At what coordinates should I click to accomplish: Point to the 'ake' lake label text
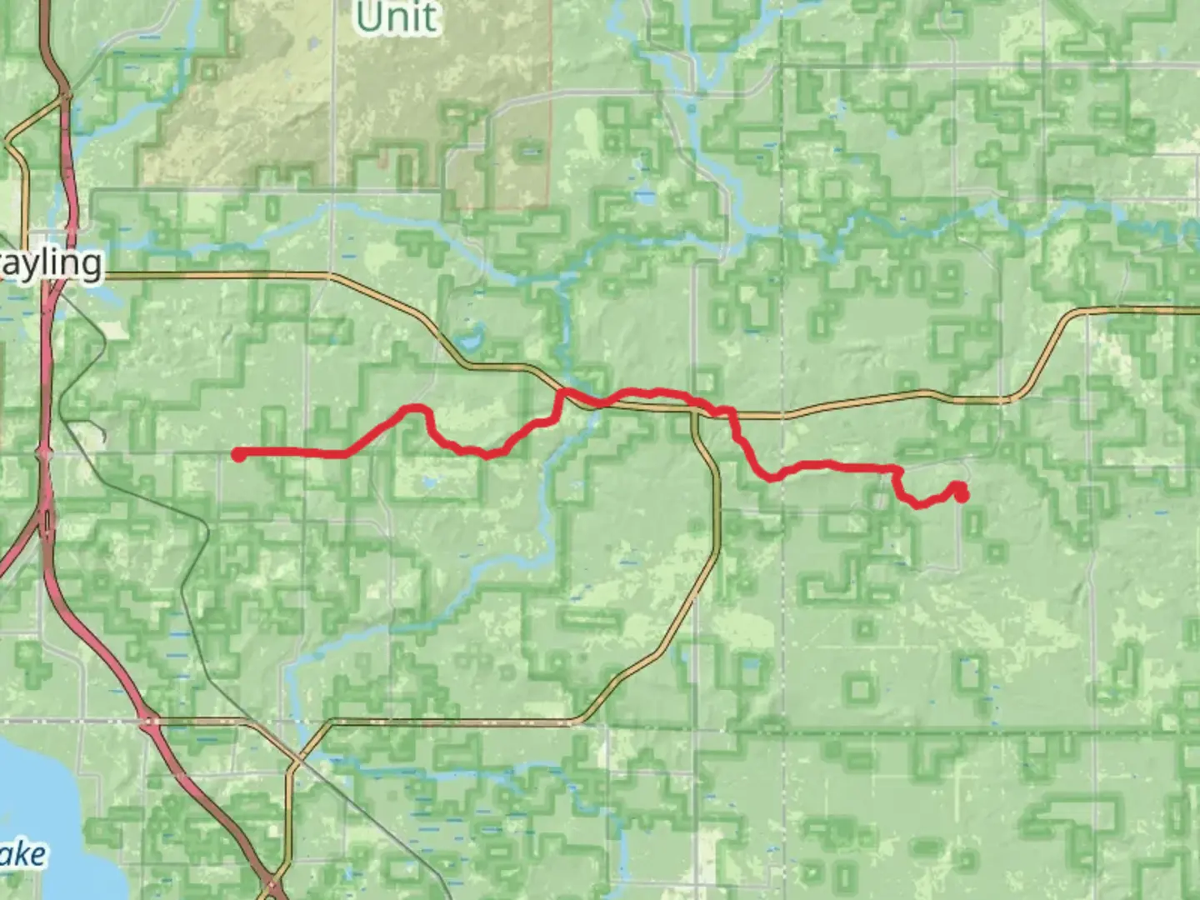[22, 855]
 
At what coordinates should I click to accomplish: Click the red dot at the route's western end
[238, 454]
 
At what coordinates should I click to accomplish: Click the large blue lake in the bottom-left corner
[42, 800]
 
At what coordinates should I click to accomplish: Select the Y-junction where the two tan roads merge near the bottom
[295, 762]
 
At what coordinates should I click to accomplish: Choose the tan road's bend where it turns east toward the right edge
[1075, 312]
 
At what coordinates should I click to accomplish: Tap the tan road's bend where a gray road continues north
[332, 274]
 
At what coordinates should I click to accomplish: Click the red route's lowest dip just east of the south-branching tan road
[771, 477]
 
